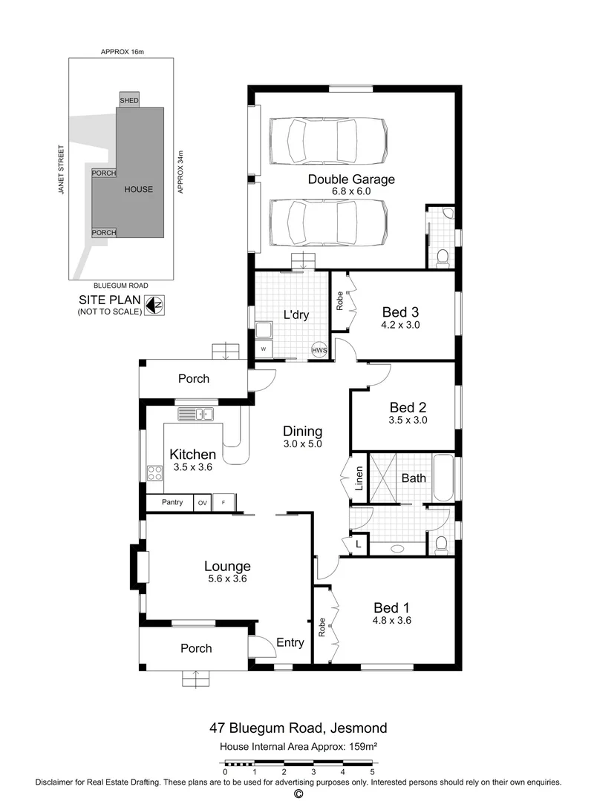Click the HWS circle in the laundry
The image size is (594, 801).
319,350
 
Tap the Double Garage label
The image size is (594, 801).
351,179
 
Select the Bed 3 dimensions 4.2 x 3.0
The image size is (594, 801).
401,324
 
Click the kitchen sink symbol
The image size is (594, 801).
196,413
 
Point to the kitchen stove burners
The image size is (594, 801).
154,472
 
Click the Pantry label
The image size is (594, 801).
172,503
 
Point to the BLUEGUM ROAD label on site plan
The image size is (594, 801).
121,286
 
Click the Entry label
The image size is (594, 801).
290,642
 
